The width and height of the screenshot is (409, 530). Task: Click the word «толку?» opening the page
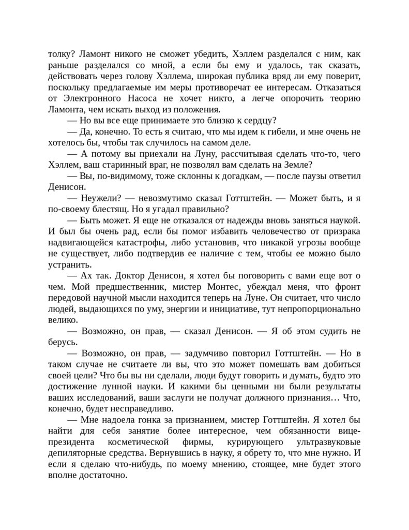pyautogui.click(x=60, y=53)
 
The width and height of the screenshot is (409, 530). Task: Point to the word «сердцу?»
pyautogui.click(x=257, y=121)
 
